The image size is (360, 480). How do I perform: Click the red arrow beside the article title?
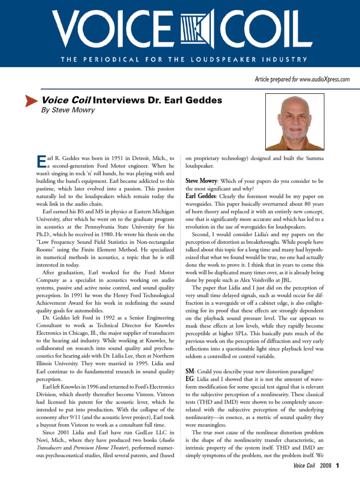pyautogui.click(x=31, y=101)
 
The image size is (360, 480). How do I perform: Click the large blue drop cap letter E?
pyautogui.click(x=40, y=162)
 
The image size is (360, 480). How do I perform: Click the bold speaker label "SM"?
pyautogui.click(x=190, y=370)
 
